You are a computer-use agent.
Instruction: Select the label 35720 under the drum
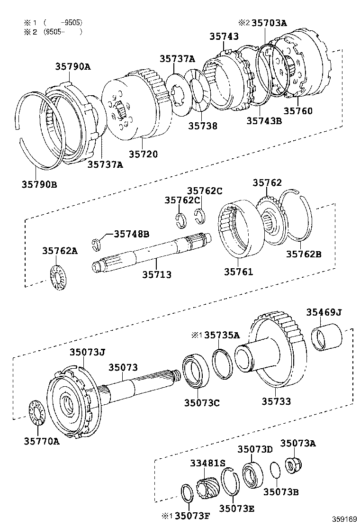(x=143, y=154)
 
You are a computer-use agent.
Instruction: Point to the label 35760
(x=298, y=111)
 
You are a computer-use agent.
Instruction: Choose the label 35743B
(x=264, y=120)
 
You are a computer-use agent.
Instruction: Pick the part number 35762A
(x=60, y=251)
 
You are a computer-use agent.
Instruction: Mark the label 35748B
(x=131, y=234)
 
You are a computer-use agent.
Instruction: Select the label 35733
(x=276, y=401)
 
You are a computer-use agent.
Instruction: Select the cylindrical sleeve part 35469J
(x=326, y=336)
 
